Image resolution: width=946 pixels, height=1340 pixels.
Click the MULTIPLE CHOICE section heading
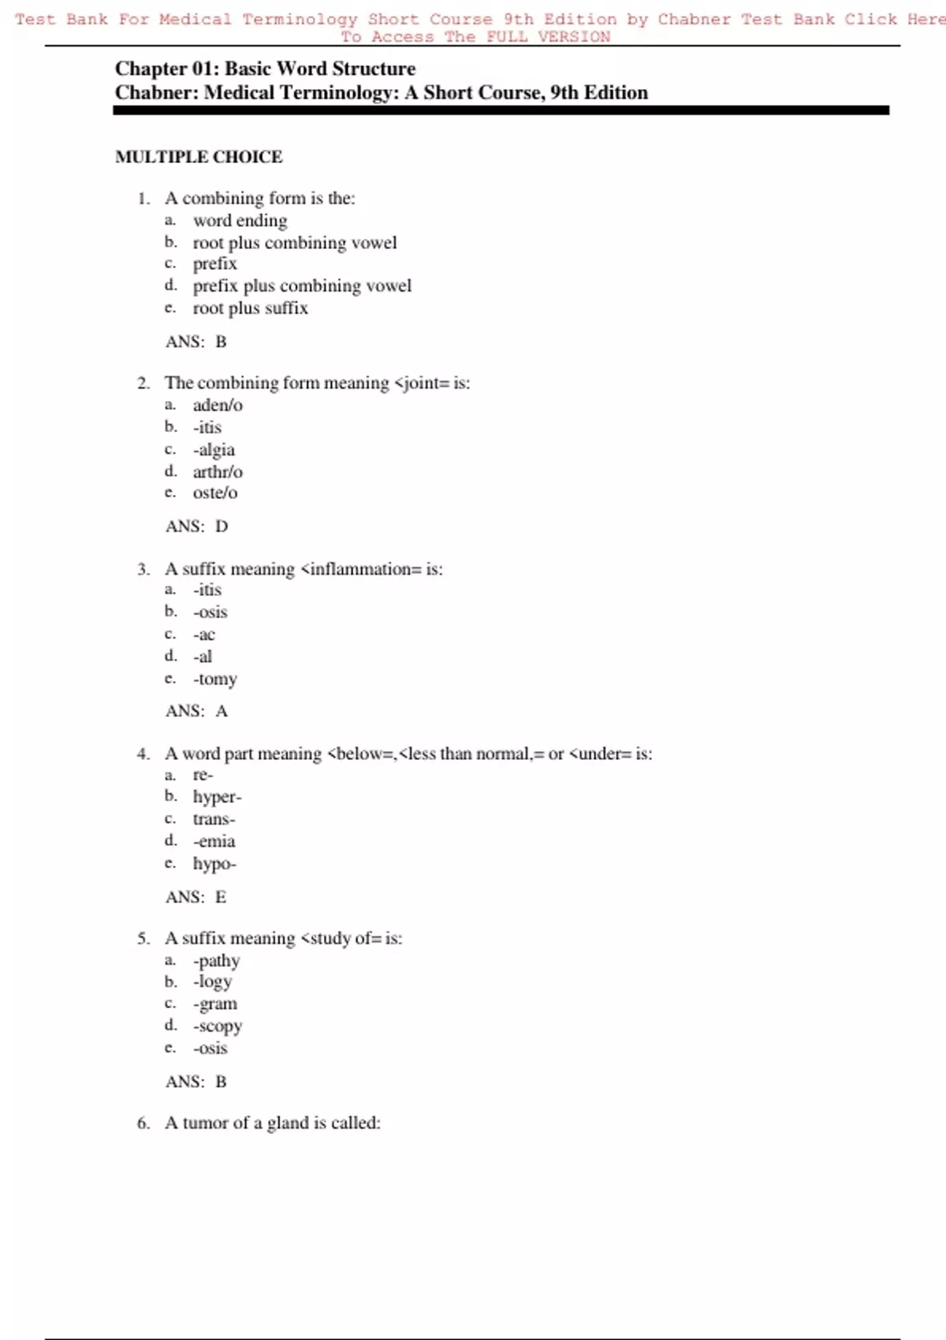[x=199, y=157]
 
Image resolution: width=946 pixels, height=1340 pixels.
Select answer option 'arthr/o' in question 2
[x=218, y=471]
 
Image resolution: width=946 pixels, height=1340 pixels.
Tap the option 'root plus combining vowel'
[x=295, y=243]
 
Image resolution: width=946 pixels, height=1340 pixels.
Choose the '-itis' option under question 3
[x=207, y=590]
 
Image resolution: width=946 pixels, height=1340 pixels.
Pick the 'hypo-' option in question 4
[x=214, y=864]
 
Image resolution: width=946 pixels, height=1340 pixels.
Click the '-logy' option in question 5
[x=213, y=982]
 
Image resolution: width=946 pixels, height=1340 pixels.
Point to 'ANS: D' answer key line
[x=196, y=527]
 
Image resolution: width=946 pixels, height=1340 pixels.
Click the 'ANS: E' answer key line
[x=196, y=897]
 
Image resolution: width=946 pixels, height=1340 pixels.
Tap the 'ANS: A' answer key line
[x=196, y=711]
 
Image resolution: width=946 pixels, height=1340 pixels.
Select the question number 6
[x=143, y=1123]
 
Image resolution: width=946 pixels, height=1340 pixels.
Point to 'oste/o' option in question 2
[x=215, y=493]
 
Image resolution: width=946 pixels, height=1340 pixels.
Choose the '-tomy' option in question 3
[x=215, y=679]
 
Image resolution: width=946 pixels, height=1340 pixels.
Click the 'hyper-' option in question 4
[x=217, y=797]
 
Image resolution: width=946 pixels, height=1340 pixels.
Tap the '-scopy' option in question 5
[x=218, y=1026]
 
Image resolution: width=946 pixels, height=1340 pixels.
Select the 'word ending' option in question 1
[x=240, y=221]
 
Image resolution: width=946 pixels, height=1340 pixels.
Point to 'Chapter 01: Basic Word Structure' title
[x=265, y=69]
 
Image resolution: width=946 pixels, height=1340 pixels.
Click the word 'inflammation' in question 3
[x=361, y=569]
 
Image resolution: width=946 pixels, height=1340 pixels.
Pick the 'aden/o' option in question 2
[x=218, y=405]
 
